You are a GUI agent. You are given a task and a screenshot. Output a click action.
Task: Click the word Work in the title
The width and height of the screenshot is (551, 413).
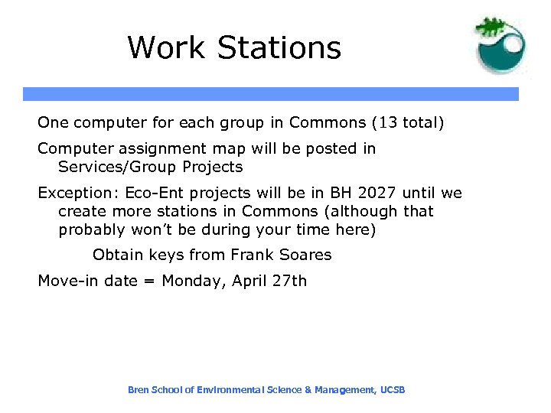coord(167,47)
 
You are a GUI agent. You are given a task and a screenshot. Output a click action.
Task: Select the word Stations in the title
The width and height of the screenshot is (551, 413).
coord(279,47)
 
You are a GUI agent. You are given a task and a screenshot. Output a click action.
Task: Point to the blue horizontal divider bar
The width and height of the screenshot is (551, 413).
coord(271,94)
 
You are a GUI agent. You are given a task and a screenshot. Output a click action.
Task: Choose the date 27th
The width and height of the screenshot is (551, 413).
coord(289,281)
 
